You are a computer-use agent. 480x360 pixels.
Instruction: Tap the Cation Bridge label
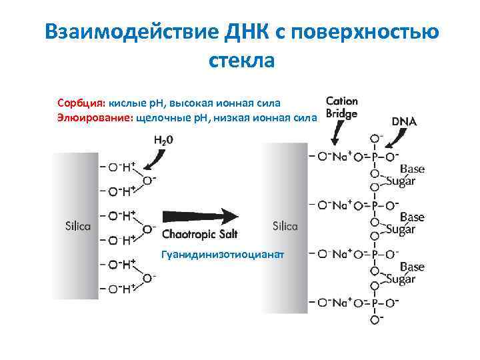tap(342, 107)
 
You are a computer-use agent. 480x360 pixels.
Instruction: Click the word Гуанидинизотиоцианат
tap(222, 254)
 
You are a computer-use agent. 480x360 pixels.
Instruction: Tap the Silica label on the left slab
tap(78, 226)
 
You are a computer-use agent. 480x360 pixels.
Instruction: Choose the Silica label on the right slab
tap(285, 226)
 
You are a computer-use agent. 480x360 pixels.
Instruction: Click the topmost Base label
tap(412, 168)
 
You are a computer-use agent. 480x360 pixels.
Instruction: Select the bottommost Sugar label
tap(400, 279)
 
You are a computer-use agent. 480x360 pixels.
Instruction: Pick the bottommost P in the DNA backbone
tap(375, 303)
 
